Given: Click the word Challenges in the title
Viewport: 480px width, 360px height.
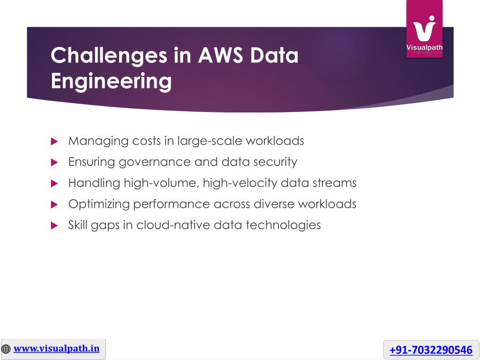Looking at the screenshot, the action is [x=109, y=56].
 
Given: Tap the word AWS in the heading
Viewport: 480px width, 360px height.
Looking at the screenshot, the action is [x=220, y=55].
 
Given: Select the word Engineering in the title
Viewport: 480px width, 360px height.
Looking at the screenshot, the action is [x=111, y=82].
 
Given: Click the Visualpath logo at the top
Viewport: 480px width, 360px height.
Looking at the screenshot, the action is [x=424, y=29].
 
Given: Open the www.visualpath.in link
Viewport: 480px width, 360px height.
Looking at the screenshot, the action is [x=57, y=349].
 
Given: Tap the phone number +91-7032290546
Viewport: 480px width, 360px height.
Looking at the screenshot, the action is [x=431, y=350].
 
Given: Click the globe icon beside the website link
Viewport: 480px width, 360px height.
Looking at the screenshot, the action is [x=6, y=349].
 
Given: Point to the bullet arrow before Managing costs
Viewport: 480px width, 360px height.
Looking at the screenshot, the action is [x=54, y=141].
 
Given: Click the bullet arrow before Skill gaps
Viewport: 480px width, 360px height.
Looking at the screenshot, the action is [x=54, y=225].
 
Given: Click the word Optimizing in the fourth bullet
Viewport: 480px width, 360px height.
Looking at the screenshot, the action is [x=99, y=204].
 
